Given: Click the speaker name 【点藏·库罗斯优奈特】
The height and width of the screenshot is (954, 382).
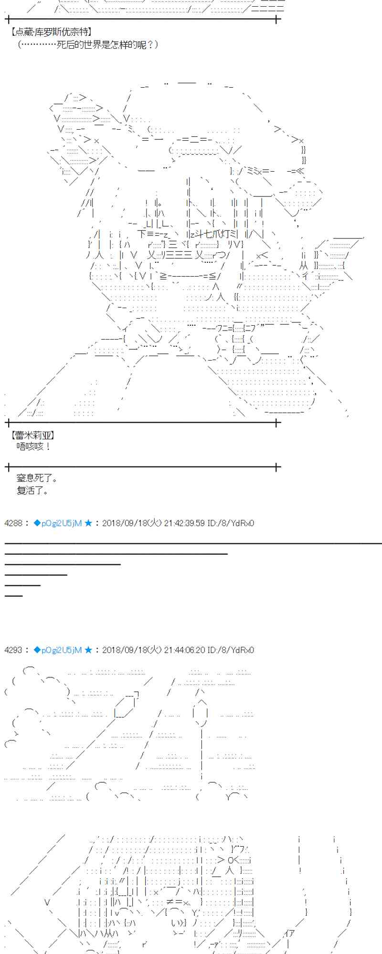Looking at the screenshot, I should (x=51, y=32).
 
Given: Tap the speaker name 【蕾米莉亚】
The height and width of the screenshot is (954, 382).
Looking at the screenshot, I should (x=32, y=435).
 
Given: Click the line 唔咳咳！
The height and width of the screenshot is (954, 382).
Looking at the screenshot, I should (x=33, y=446).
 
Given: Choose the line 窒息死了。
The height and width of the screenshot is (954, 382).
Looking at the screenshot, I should (x=37, y=478).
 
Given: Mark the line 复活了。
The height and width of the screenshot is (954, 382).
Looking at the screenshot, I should (x=32, y=490).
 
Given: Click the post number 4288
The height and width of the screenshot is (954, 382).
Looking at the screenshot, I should (x=13, y=523).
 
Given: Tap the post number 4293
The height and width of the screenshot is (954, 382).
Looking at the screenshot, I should (x=13, y=650).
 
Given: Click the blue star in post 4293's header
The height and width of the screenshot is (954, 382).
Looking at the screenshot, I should (x=88, y=650).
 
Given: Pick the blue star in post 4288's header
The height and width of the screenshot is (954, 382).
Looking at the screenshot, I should (x=88, y=523).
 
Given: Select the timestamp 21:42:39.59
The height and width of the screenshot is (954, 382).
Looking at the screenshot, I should (x=184, y=523).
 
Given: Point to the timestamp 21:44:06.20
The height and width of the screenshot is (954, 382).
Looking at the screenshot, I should (x=184, y=650).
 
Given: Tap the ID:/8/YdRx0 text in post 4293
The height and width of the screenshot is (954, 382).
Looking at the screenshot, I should (x=231, y=650).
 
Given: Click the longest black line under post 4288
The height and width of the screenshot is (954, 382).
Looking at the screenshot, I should (x=191, y=543).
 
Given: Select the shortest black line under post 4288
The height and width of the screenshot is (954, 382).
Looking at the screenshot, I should (x=14, y=596).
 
